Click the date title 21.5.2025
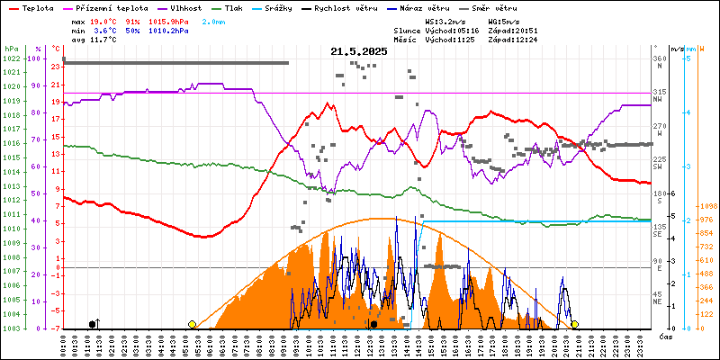click(x=358, y=52)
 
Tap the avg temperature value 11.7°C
click(x=106, y=40)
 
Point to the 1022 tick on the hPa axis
click(x=11, y=58)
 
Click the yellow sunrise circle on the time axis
click(x=192, y=324)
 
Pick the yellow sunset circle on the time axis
click(x=574, y=324)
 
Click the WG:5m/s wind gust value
click(x=504, y=20)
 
